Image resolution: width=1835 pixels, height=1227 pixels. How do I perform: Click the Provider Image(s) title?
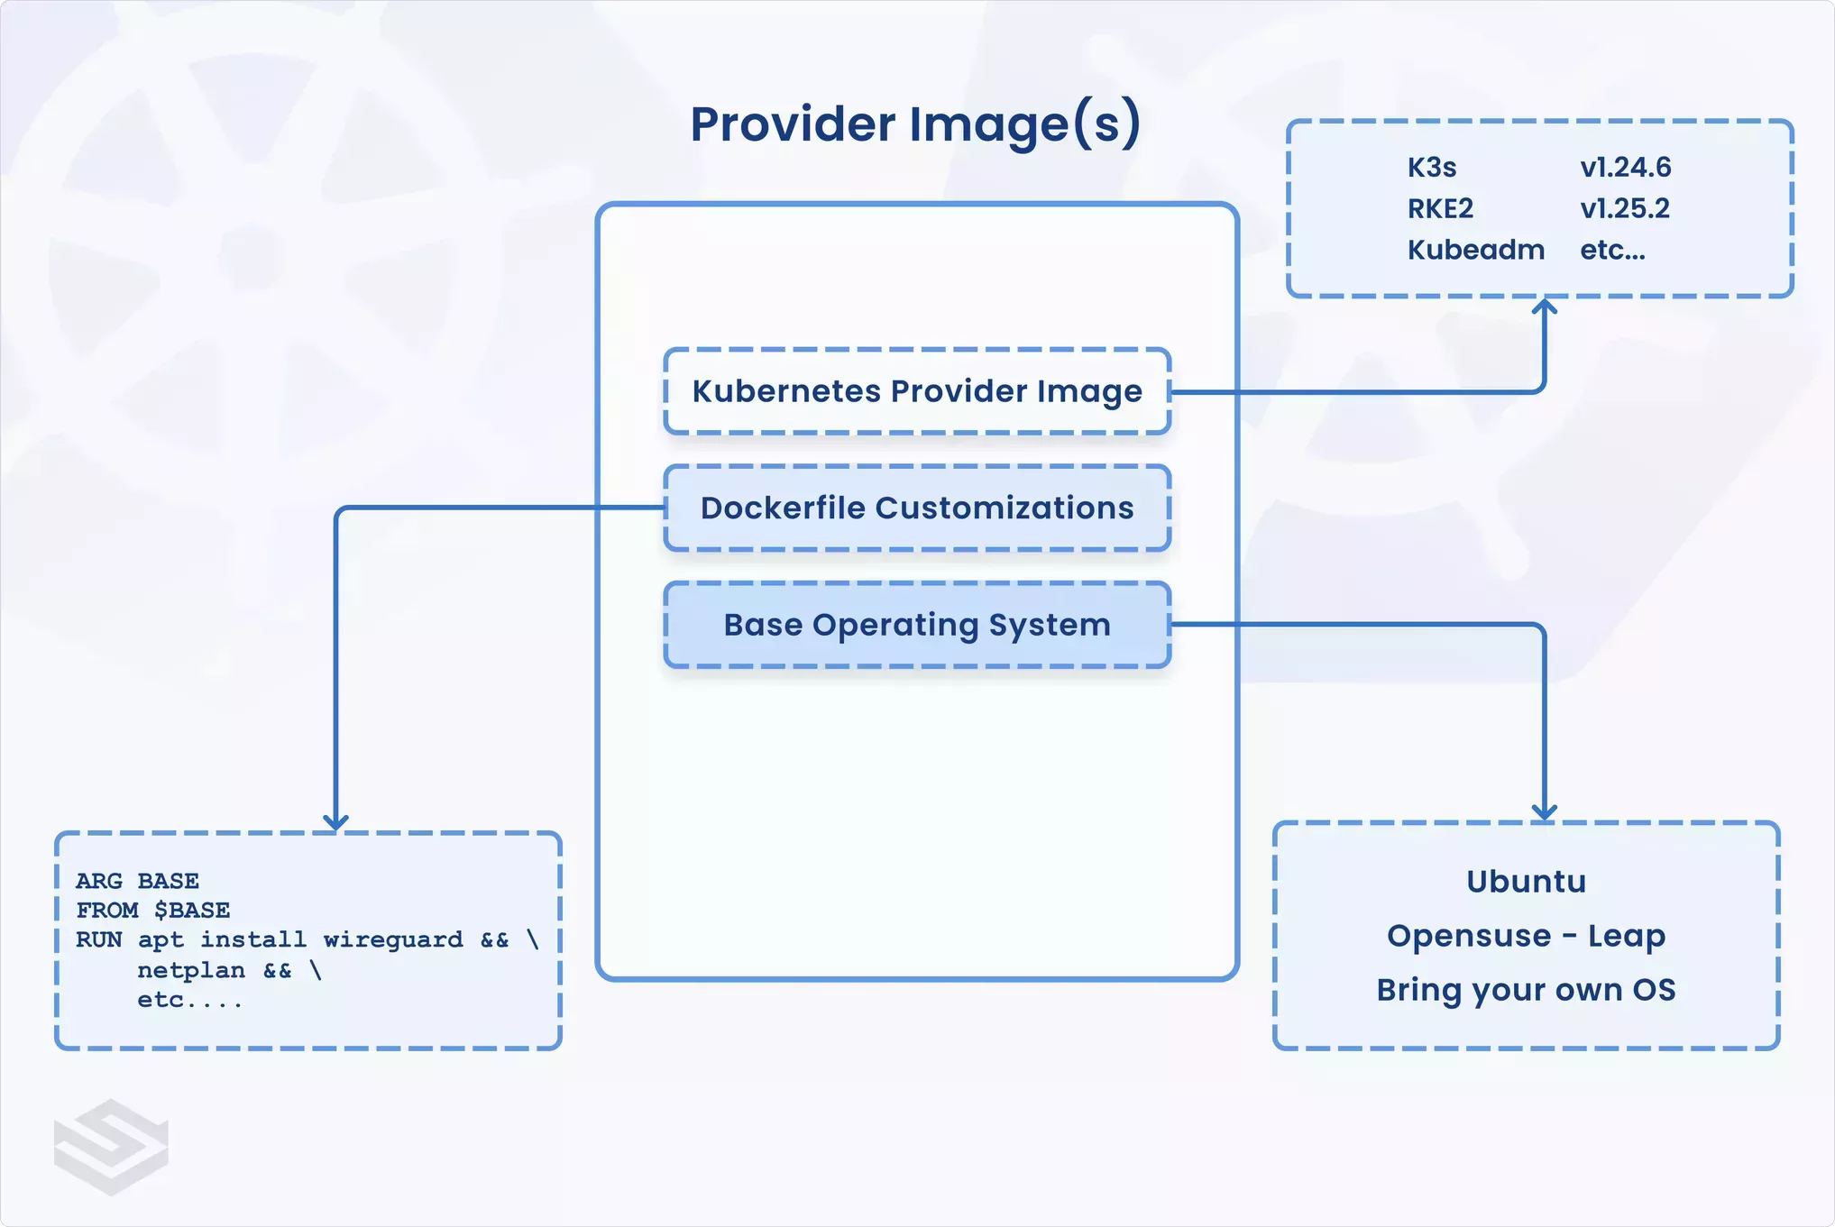coord(915,124)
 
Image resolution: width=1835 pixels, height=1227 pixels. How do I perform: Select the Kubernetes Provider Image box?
coord(917,391)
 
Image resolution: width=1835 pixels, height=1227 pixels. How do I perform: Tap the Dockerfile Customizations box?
coord(917,508)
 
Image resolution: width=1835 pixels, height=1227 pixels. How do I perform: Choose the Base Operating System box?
coord(917,625)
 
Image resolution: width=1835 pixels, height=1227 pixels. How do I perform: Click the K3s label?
coord(1432,168)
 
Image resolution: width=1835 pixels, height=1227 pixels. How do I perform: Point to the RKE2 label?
coord(1440,209)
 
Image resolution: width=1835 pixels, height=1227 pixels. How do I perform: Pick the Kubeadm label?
coord(1475,250)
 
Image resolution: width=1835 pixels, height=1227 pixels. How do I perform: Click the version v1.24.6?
coord(1625,168)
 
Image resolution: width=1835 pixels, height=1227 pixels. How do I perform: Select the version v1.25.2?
coord(1624,209)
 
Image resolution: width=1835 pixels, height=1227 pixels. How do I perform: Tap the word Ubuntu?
coord(1526,881)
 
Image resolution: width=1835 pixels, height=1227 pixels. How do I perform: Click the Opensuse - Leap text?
coord(1526,936)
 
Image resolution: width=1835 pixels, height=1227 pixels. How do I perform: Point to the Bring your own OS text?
coord(1526,990)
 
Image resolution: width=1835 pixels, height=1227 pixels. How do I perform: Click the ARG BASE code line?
coord(137,881)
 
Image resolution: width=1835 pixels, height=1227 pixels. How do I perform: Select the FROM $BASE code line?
coord(152,910)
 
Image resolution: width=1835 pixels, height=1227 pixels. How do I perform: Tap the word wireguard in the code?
coord(393,939)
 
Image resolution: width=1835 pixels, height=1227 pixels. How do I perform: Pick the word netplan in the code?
coord(191,970)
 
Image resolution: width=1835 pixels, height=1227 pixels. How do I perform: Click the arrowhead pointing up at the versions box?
coord(1545,307)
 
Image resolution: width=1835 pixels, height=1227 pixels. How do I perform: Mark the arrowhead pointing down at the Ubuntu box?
coord(1545,812)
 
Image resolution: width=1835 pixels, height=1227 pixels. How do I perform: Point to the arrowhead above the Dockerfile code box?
coord(335,822)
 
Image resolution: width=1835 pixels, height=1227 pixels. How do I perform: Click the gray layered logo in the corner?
coord(111,1147)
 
